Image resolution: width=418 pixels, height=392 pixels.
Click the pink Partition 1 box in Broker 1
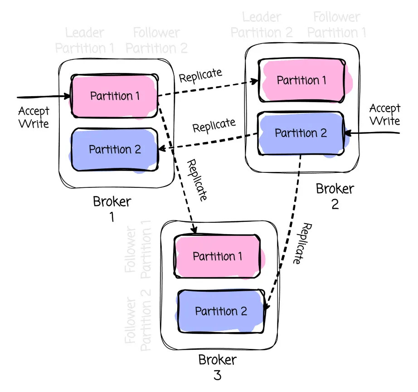[114, 96]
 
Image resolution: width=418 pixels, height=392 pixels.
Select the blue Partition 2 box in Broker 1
[115, 149]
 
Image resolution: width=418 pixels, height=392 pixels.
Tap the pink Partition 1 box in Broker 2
[301, 80]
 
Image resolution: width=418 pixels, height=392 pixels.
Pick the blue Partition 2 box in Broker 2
[301, 133]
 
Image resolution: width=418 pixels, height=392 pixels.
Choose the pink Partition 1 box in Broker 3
[218, 256]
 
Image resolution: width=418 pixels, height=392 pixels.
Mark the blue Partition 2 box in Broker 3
[221, 311]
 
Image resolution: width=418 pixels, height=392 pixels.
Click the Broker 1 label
[112, 208]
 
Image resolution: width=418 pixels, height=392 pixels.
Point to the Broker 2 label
[334, 196]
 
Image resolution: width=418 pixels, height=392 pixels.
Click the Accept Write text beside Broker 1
[34, 117]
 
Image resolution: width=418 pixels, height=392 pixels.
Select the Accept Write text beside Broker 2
[384, 114]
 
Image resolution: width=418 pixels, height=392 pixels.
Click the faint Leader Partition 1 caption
[85, 40]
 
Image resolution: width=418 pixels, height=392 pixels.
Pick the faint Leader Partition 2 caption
[262, 25]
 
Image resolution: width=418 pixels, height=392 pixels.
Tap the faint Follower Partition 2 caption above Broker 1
[156, 40]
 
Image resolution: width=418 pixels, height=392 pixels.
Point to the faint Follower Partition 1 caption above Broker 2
[337, 25]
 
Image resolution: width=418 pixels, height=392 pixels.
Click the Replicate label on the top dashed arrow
[200, 75]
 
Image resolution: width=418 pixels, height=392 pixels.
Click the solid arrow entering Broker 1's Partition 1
[43, 97]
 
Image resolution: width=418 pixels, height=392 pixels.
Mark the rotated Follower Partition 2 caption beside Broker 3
[138, 324]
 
